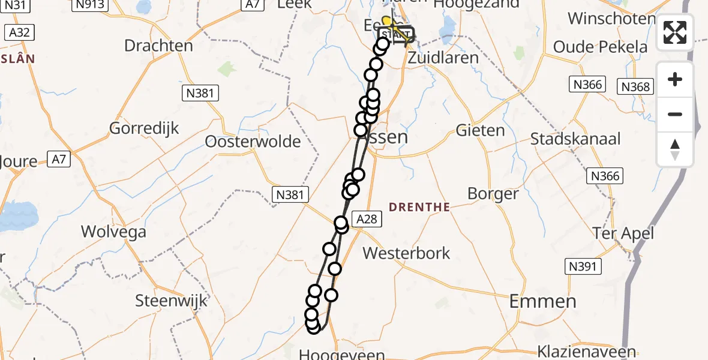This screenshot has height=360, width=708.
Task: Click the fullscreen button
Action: (675, 32)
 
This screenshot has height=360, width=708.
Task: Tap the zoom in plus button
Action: (675, 80)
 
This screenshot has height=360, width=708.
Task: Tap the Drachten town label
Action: (158, 46)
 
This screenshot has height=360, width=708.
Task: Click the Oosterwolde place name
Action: (253, 142)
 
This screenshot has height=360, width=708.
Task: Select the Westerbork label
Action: (406, 253)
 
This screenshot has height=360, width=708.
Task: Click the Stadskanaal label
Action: (575, 139)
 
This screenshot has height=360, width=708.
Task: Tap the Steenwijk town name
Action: (172, 300)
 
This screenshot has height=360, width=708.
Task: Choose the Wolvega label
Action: (113, 231)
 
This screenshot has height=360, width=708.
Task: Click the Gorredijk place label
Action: (144, 128)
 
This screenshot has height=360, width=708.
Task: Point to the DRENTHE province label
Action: (419, 207)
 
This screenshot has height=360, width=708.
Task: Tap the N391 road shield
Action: (582, 266)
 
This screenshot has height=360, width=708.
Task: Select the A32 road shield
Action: (19, 32)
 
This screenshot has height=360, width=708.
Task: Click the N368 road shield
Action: (635, 87)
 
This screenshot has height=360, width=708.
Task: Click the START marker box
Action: (396, 34)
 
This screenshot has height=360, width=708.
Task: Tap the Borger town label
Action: (493, 194)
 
